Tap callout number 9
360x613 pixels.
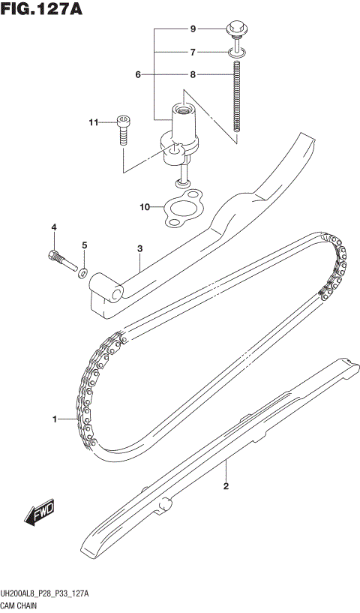tap(193, 29)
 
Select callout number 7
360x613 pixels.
tap(193, 53)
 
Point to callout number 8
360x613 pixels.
tap(193, 75)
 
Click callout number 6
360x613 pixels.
tap(138, 75)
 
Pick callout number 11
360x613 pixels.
tap(94, 122)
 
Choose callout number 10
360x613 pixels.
tap(145, 206)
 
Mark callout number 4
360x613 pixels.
tap(54, 227)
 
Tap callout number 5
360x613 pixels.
tap(85, 245)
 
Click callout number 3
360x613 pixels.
tap(140, 248)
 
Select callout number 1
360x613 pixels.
tap(54, 419)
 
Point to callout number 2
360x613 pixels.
tap(226, 486)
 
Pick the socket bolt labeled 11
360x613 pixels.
tap(123, 131)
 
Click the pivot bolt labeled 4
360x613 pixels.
tap(60, 259)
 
